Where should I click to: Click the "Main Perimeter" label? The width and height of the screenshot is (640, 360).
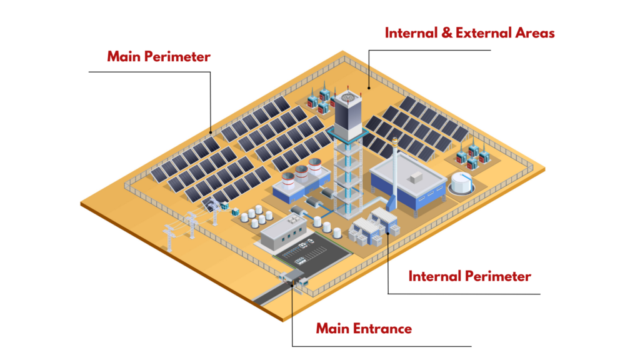(x=159, y=56)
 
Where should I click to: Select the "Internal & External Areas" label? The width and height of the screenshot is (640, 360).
(x=469, y=32)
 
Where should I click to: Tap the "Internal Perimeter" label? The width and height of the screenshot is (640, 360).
(x=469, y=276)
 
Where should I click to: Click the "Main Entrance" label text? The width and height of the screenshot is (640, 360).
(x=363, y=328)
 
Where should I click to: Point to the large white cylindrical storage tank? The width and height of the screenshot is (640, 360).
(x=461, y=182)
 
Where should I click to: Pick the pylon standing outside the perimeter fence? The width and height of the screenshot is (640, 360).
(x=169, y=234)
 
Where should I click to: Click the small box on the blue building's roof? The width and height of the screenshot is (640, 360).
(x=415, y=178)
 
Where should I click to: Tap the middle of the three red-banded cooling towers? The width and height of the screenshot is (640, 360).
(x=301, y=174)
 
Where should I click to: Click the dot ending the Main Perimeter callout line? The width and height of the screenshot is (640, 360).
(x=211, y=132)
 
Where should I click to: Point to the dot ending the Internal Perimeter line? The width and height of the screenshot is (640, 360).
(x=388, y=232)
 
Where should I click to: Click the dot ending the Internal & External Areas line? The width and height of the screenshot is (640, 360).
(x=369, y=88)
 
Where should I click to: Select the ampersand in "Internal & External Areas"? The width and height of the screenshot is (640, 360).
(x=446, y=32)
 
